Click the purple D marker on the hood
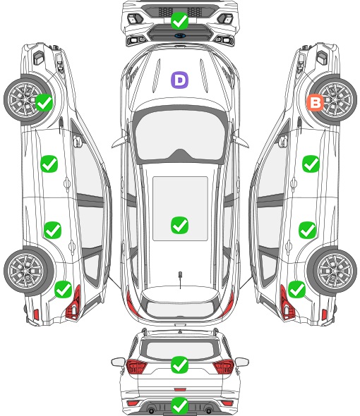click(179, 80)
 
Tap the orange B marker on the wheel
click(315, 103)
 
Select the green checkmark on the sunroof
click(180, 225)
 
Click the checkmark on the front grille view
click(180, 20)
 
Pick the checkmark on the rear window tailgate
click(180, 365)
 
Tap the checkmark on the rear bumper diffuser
click(180, 405)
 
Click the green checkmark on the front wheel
click(44, 102)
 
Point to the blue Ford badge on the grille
click(180, 35)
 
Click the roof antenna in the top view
click(180, 276)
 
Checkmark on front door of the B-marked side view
click(311, 164)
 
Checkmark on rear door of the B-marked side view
click(307, 230)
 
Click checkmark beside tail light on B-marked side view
click(296, 289)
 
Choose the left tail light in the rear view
click(136, 366)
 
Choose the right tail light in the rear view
click(224, 366)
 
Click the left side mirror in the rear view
click(118, 362)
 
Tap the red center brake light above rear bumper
click(180, 389)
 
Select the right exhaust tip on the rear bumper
click(209, 411)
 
